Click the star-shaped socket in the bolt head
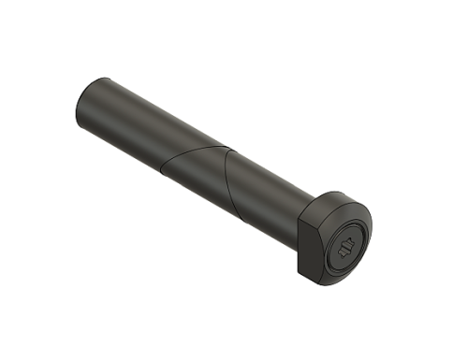point(344,248)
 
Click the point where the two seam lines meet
point(227,149)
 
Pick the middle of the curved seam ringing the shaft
point(227,182)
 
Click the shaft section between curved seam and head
point(271,196)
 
